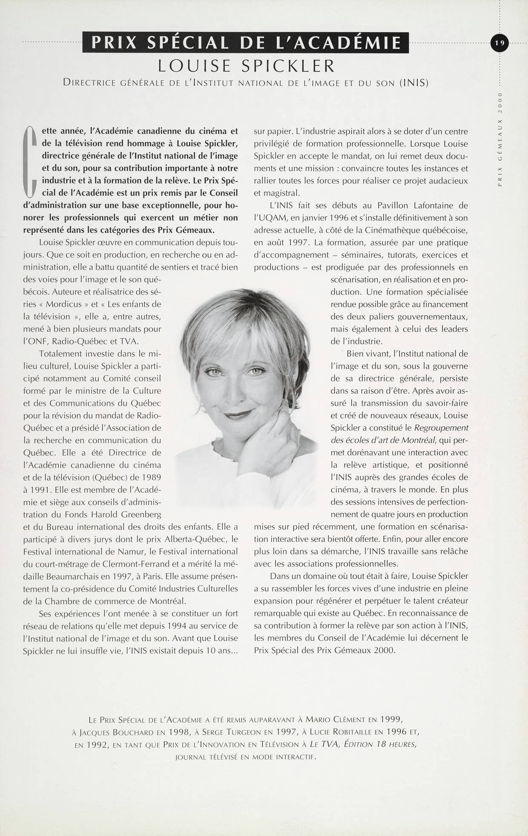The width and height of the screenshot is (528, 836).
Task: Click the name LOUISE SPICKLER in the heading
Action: click(246, 66)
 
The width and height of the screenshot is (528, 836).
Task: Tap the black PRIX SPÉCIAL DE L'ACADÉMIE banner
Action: click(246, 43)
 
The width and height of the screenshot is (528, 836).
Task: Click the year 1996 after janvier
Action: click(339, 218)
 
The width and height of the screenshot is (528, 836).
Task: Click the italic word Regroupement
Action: click(441, 428)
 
